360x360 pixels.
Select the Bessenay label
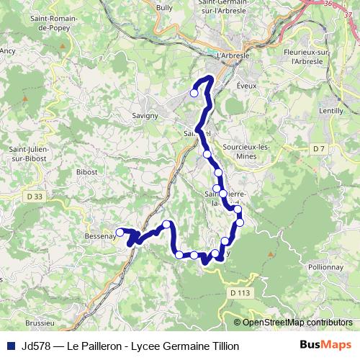pyautogui.click(x=99, y=236)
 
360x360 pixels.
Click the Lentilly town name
pyautogui.click(x=330, y=111)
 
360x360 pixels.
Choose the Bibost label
pyautogui.click(x=86, y=173)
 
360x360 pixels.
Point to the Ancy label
pyautogui.click(x=8, y=51)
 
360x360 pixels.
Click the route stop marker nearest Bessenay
pyautogui.click(x=120, y=232)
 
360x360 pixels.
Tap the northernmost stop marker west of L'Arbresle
pyautogui.click(x=194, y=92)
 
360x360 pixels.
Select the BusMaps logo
pyautogui.click(x=324, y=346)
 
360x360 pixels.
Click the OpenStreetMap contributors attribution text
pyautogui.click(x=297, y=323)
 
